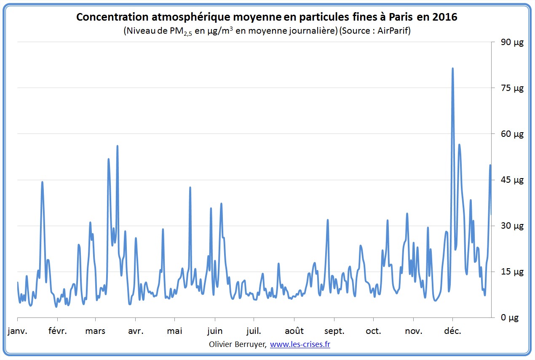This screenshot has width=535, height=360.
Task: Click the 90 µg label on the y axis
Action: tap(512, 42)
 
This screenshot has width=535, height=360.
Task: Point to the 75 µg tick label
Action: tap(512, 88)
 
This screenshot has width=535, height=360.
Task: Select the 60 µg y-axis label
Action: tap(512, 134)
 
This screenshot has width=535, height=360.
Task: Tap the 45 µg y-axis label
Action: tap(512, 180)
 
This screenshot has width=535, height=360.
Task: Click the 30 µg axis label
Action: tap(512, 226)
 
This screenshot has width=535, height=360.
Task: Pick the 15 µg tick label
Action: tap(512, 272)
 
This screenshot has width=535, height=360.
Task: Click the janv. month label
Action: tap(17, 331)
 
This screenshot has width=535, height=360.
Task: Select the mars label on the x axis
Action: tap(95, 331)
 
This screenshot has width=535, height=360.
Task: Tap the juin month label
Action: tap(215, 331)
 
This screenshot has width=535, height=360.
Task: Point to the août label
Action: tap(294, 331)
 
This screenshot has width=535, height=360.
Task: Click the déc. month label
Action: tap(452, 331)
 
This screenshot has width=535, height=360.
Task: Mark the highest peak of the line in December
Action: tap(452, 69)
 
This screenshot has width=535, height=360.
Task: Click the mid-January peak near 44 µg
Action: tap(42, 182)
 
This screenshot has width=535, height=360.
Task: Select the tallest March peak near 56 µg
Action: tap(117, 146)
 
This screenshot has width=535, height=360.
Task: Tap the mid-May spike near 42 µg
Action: tap(190, 188)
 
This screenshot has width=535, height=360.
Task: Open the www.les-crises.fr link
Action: tap(300, 344)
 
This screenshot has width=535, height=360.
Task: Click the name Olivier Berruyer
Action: tap(237, 344)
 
